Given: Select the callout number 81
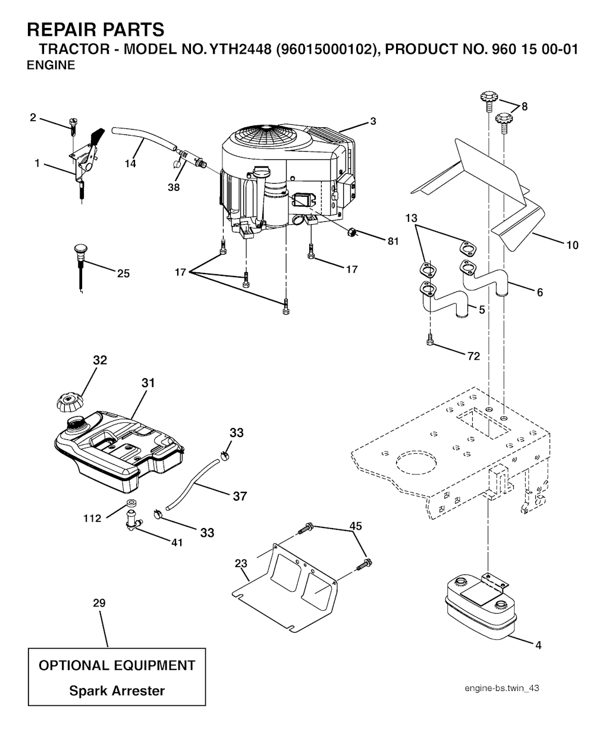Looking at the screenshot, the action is [x=393, y=241].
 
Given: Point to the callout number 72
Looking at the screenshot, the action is [x=473, y=356].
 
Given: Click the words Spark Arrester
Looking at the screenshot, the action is [x=117, y=690].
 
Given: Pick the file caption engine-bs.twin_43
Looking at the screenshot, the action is [x=502, y=688].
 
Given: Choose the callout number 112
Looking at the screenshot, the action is [x=92, y=518].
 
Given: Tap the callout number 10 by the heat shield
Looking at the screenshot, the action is [x=572, y=245].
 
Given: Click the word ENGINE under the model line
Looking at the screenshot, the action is [x=51, y=65].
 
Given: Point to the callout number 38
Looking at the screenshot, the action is [x=174, y=187].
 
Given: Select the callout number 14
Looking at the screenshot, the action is [x=130, y=164].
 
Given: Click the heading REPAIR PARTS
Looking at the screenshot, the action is [x=95, y=29].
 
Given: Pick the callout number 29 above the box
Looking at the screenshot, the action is [x=99, y=603].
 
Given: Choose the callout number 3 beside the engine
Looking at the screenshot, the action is [x=373, y=121].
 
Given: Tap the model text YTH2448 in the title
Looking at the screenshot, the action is [x=240, y=49].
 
